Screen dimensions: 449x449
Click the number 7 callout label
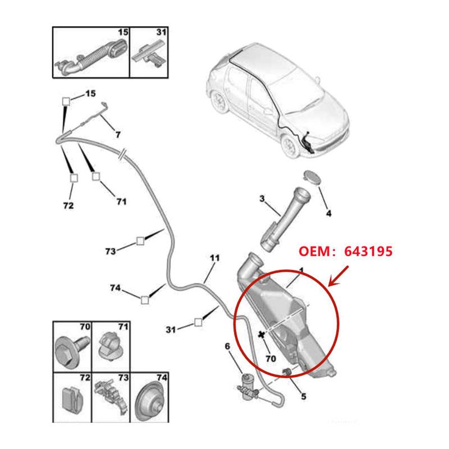(x=118, y=134)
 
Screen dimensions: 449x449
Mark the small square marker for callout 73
(x=140, y=242)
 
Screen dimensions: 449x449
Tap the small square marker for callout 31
(x=198, y=322)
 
